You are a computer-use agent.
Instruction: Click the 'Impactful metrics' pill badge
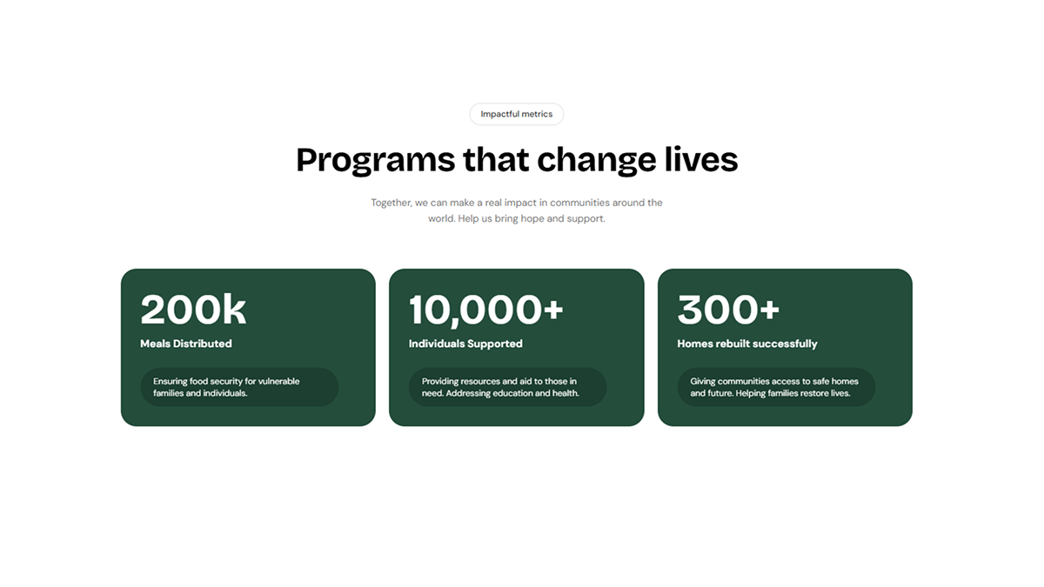[x=517, y=114]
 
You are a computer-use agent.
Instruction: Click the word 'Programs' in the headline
[x=376, y=161]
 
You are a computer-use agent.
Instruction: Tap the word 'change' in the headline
[x=597, y=161]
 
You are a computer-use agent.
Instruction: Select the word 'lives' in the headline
[x=701, y=159]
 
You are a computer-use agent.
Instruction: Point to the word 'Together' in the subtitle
[x=391, y=203]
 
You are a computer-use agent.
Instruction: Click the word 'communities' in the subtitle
[x=579, y=203]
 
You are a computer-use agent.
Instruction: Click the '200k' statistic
[x=193, y=310]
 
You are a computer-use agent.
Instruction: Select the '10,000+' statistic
[x=486, y=310]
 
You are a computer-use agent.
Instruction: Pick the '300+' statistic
[x=728, y=310]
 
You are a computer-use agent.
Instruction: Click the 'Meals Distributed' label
[x=186, y=344]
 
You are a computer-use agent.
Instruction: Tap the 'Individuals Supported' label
[x=465, y=344]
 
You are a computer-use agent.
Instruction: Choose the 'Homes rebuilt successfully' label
[x=747, y=344]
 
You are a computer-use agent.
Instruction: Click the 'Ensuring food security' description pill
[x=239, y=387]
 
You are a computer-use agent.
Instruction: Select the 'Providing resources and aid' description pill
[x=507, y=387]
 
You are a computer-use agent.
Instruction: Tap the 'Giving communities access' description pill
[x=776, y=387]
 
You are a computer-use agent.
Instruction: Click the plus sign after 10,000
[x=553, y=310]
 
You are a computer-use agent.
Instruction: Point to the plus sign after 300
[x=768, y=310]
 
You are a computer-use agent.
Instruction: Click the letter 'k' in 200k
[x=234, y=310]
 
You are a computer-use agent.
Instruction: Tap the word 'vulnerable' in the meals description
[x=278, y=381]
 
